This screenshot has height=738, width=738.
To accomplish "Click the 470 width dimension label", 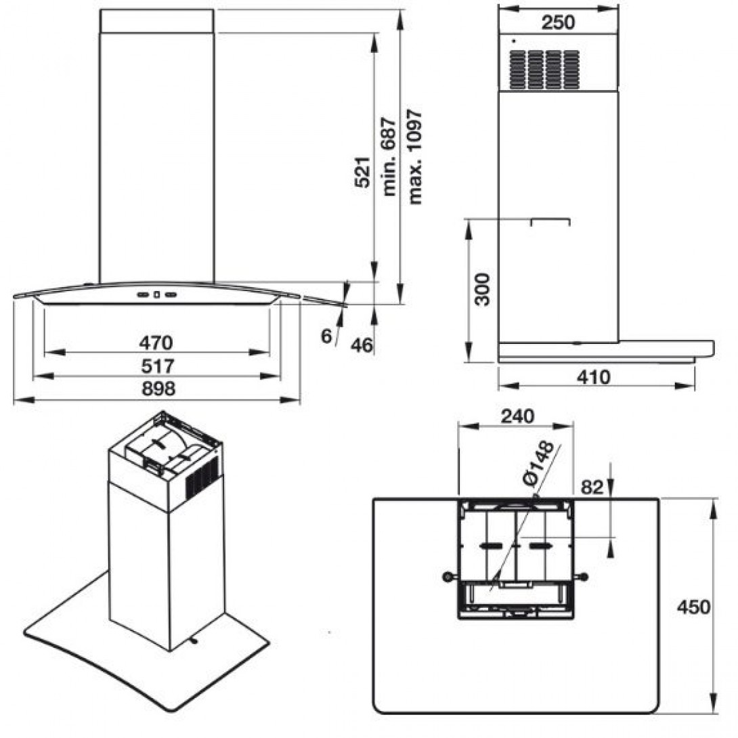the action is (x=156, y=342).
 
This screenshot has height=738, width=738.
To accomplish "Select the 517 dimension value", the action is (x=158, y=366).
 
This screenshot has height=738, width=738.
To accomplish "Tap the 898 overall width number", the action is (x=158, y=389).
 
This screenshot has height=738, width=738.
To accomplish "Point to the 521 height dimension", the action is (x=362, y=172).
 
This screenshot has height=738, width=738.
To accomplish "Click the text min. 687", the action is (x=390, y=156).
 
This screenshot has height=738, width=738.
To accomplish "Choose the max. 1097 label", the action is (x=415, y=156).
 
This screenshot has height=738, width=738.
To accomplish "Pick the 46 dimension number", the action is (x=362, y=345).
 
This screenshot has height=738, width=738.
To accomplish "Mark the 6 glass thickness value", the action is (x=326, y=336).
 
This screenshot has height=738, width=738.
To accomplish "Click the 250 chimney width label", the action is (x=558, y=22).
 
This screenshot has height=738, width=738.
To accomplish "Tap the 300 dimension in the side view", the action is (x=482, y=290).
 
